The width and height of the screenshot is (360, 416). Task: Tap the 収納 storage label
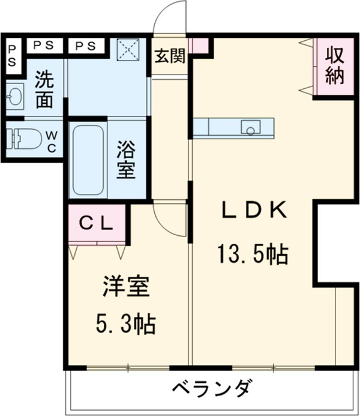click(x=335, y=66)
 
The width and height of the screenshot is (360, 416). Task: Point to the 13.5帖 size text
click(x=253, y=256)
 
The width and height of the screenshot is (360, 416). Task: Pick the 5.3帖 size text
click(x=126, y=325)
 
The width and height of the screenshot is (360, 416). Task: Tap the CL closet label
click(x=97, y=223)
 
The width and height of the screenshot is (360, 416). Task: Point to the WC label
click(x=51, y=139)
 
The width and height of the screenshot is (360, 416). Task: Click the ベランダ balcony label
click(x=212, y=387)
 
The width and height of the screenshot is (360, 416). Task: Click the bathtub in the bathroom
click(x=88, y=159)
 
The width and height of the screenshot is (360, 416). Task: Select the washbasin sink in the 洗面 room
click(x=13, y=95)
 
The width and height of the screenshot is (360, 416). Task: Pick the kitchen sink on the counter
click(x=250, y=127)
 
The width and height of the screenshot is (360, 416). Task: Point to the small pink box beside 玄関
click(x=198, y=45)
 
